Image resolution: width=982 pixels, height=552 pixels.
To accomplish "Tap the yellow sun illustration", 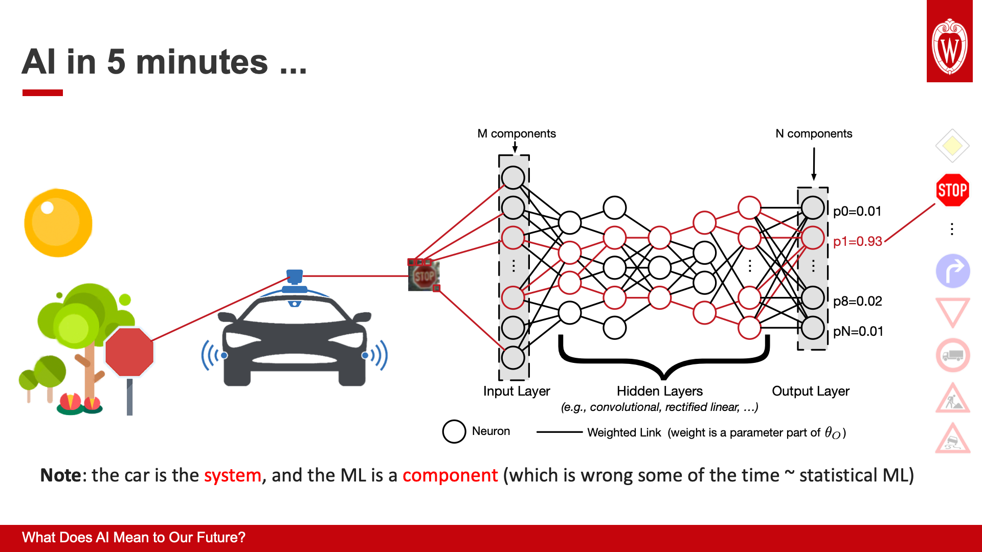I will click(x=58, y=223).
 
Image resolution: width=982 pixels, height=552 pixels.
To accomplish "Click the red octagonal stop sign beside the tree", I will click(x=129, y=352).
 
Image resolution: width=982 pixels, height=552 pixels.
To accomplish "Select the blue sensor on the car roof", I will click(x=295, y=277).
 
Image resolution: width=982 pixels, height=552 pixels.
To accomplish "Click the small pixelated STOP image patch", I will click(x=423, y=277).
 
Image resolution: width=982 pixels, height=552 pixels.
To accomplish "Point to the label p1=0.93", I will click(x=857, y=241).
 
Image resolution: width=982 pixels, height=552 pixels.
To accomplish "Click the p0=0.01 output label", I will click(x=857, y=211).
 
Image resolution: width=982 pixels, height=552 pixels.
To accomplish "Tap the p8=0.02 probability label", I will click(x=857, y=301).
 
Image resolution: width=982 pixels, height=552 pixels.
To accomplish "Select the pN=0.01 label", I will click(x=858, y=331).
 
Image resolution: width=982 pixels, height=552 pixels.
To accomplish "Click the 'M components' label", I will click(x=517, y=133).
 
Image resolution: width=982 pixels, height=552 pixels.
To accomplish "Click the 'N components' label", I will click(x=814, y=133).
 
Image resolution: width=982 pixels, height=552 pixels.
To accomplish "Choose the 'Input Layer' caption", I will click(x=517, y=391).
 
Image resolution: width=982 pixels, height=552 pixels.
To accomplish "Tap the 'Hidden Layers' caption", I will click(x=660, y=391).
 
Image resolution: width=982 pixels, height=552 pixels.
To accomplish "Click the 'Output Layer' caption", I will click(x=811, y=391).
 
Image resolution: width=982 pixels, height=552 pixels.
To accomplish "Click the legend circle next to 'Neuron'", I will click(x=454, y=431).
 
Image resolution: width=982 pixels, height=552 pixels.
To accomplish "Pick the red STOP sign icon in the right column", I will click(x=952, y=190).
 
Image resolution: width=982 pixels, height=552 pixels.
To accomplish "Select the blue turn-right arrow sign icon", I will click(x=953, y=271).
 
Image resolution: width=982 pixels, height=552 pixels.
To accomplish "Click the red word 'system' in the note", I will click(x=233, y=475).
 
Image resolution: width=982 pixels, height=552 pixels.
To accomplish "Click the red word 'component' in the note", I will click(x=450, y=475).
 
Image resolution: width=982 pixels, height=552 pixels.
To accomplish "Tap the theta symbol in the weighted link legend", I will click(x=830, y=432).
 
